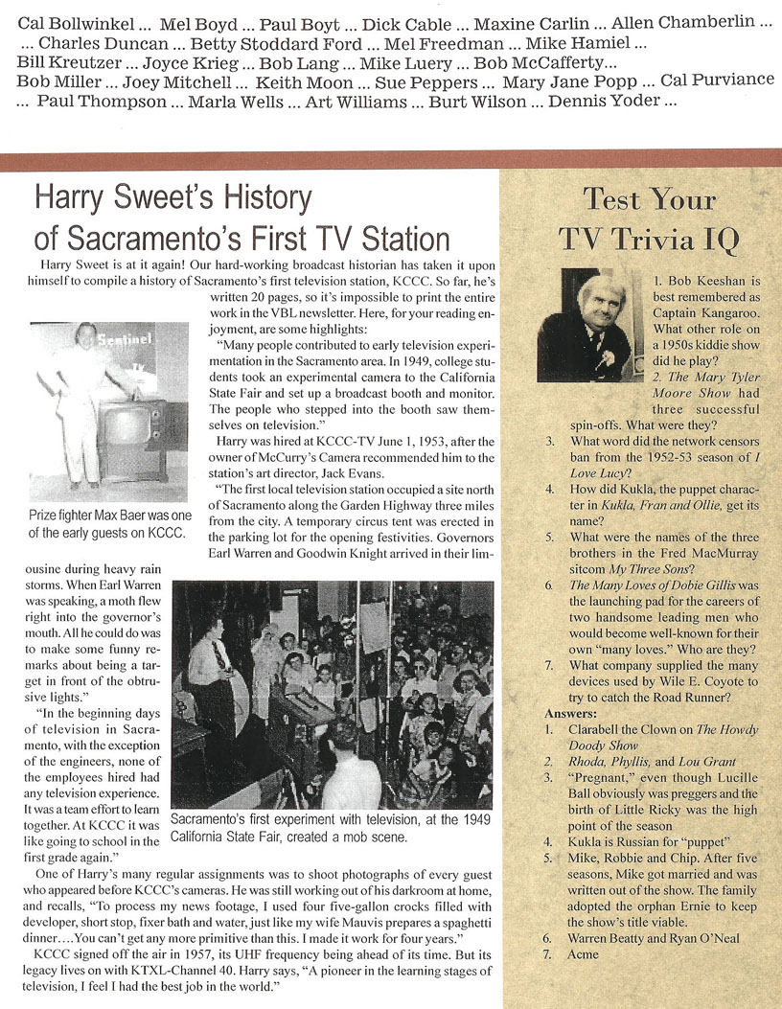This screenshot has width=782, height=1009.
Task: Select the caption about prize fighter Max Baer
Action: coord(106,524)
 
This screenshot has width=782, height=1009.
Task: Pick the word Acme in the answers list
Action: coord(584,954)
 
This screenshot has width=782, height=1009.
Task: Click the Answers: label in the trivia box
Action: coord(575,713)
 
